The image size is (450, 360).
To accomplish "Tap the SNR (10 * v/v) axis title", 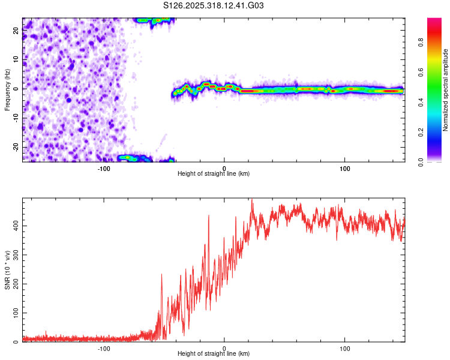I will point(7,270).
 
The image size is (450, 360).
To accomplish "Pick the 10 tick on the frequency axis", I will point(16,60).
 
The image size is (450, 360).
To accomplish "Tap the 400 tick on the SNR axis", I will point(13,225).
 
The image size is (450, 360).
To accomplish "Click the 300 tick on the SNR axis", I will point(13,254).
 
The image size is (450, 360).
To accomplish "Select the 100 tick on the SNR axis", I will point(13,313).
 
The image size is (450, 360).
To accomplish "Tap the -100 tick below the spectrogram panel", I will point(104,169).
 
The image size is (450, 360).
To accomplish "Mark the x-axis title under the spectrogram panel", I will point(214,174).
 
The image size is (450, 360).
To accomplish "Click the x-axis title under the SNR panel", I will point(214,354).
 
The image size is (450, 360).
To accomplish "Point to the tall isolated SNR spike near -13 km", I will point(209,216).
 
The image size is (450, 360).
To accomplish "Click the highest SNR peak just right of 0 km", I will point(252,200).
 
